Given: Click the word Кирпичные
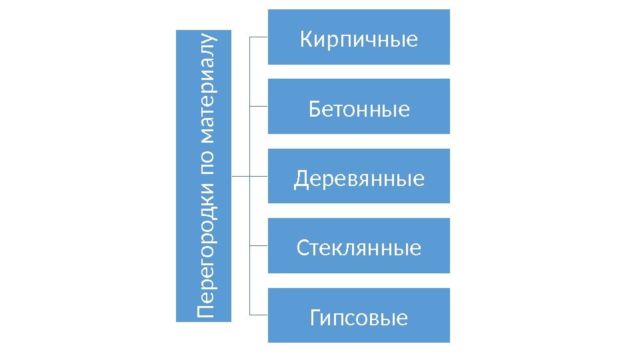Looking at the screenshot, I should pyautogui.click(x=359, y=39).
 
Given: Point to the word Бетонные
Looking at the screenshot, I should pyautogui.click(x=359, y=108).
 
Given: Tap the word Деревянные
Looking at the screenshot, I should pyautogui.click(x=359, y=178).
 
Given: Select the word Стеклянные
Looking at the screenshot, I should pyautogui.click(x=359, y=248).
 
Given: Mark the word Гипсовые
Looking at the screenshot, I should pyautogui.click(x=359, y=317).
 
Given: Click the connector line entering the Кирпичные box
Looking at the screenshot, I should pyautogui.click(x=259, y=37).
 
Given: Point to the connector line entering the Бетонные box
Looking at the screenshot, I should pyautogui.click(x=259, y=106).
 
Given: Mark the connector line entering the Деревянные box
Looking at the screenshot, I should pyautogui.click(x=259, y=176).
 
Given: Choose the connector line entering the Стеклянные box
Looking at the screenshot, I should pyautogui.click(x=259, y=245).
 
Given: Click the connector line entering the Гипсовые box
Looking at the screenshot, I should pyautogui.click(x=259, y=315).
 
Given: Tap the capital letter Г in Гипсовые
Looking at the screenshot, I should pyautogui.click(x=316, y=317).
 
